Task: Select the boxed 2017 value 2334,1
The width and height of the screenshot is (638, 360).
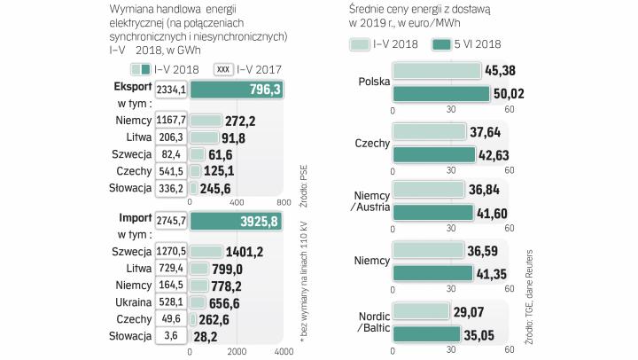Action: coord(170,90)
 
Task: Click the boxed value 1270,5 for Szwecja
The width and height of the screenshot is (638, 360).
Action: coord(170,251)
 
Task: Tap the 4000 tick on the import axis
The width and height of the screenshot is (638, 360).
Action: coord(284,352)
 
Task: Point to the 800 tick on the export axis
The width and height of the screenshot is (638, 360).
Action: coord(284,201)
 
